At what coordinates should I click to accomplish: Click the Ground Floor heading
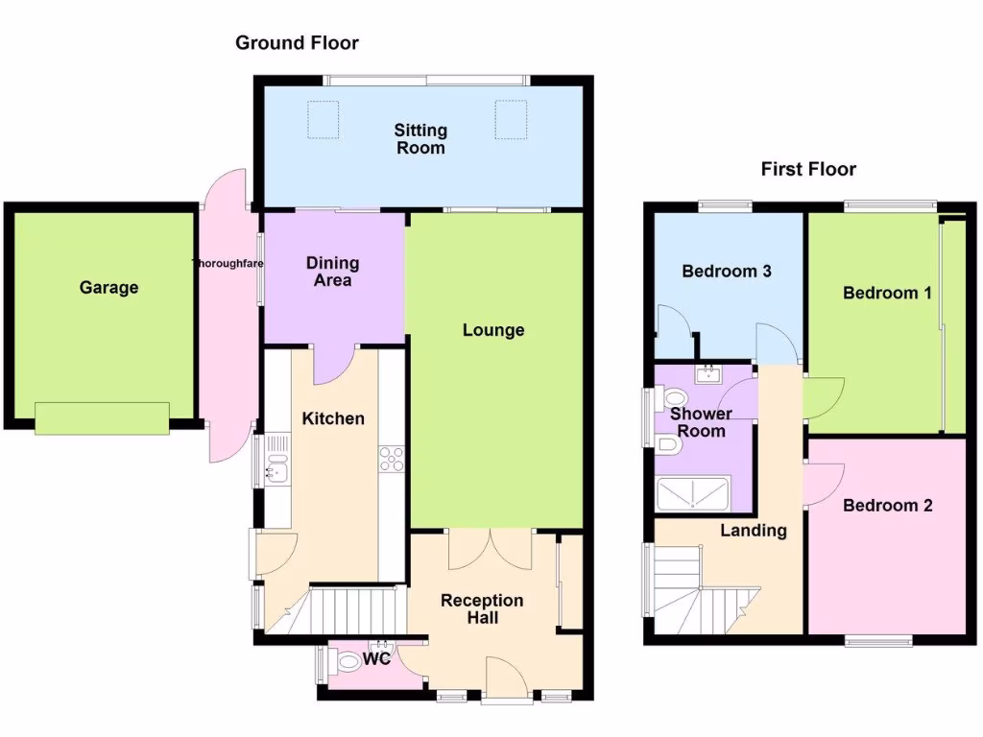point(297,43)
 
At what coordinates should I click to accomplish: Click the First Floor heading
point(808,170)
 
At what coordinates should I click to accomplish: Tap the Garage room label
point(108,288)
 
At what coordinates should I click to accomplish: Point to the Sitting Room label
point(420,139)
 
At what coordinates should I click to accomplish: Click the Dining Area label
point(332,272)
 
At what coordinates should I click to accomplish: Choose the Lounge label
point(493,330)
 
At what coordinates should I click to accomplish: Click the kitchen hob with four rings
point(392,461)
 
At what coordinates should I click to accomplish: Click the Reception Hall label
point(482,609)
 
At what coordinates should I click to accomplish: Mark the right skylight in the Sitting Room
point(511,120)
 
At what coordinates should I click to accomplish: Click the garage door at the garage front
point(102,418)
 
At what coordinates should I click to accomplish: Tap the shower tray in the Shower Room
point(693,496)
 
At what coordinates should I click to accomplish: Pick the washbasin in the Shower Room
point(710,372)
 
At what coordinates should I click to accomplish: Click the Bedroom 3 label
point(727,272)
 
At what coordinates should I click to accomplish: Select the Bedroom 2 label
point(887,506)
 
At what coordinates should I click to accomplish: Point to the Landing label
point(754,531)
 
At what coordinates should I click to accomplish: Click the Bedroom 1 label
point(887,294)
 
